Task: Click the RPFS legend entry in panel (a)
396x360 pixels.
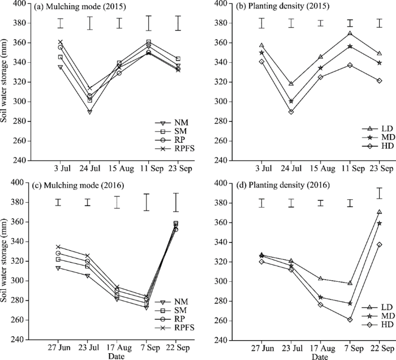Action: coord(175,149)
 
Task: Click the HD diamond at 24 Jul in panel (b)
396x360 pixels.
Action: coord(290,112)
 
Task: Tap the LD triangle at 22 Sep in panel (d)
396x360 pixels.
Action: coord(379,212)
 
